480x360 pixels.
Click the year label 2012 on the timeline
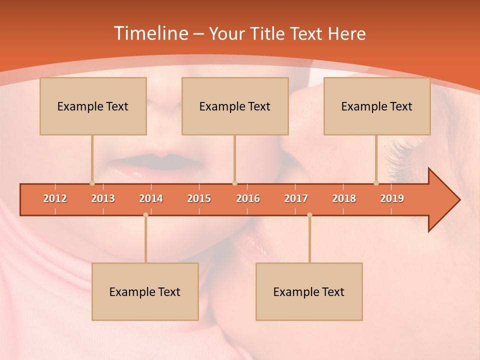pyautogui.click(x=55, y=198)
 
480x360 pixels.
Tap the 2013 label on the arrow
pyautogui.click(x=103, y=198)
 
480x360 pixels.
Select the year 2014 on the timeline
pyautogui.click(x=151, y=198)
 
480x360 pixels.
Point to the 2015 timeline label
pyautogui.click(x=199, y=198)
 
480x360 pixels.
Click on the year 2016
pyautogui.click(x=248, y=198)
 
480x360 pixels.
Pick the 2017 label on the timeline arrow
pyautogui.click(x=296, y=198)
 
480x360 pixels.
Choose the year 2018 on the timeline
pyautogui.click(x=344, y=198)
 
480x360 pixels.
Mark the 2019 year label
pyautogui.click(x=392, y=198)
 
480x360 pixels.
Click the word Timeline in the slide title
pyautogui.click(x=149, y=33)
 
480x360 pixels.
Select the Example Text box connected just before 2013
pyautogui.click(x=93, y=106)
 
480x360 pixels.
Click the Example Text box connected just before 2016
pyautogui.click(x=235, y=106)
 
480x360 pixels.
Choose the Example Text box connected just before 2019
pyautogui.click(x=377, y=106)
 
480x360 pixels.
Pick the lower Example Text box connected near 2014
pyautogui.click(x=145, y=291)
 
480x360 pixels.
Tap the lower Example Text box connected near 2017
pyautogui.click(x=309, y=291)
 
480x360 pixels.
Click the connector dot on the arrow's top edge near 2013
pyautogui.click(x=92, y=183)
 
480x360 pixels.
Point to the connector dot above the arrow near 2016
pyautogui.click(x=234, y=183)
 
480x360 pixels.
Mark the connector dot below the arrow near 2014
pyautogui.click(x=145, y=214)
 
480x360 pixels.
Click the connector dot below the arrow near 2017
pyautogui.click(x=309, y=214)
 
